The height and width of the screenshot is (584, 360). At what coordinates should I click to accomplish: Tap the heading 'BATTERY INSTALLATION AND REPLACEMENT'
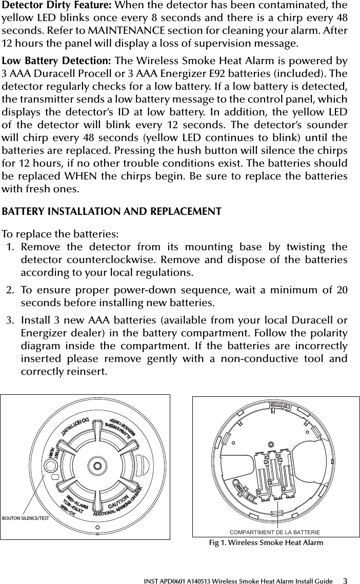point(112,212)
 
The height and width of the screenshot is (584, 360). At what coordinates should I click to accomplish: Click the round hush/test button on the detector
point(51,466)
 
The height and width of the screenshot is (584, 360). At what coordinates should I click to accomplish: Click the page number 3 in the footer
point(345,580)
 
